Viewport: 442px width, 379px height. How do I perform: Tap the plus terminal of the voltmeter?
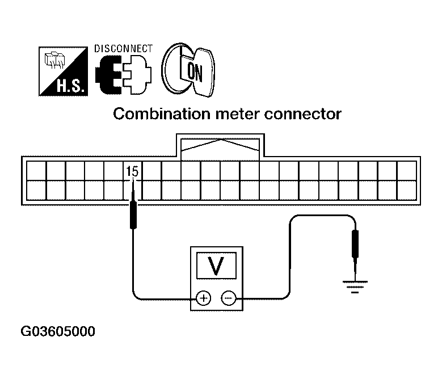[x=203, y=297]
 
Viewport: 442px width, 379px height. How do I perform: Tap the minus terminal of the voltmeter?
[x=228, y=297]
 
